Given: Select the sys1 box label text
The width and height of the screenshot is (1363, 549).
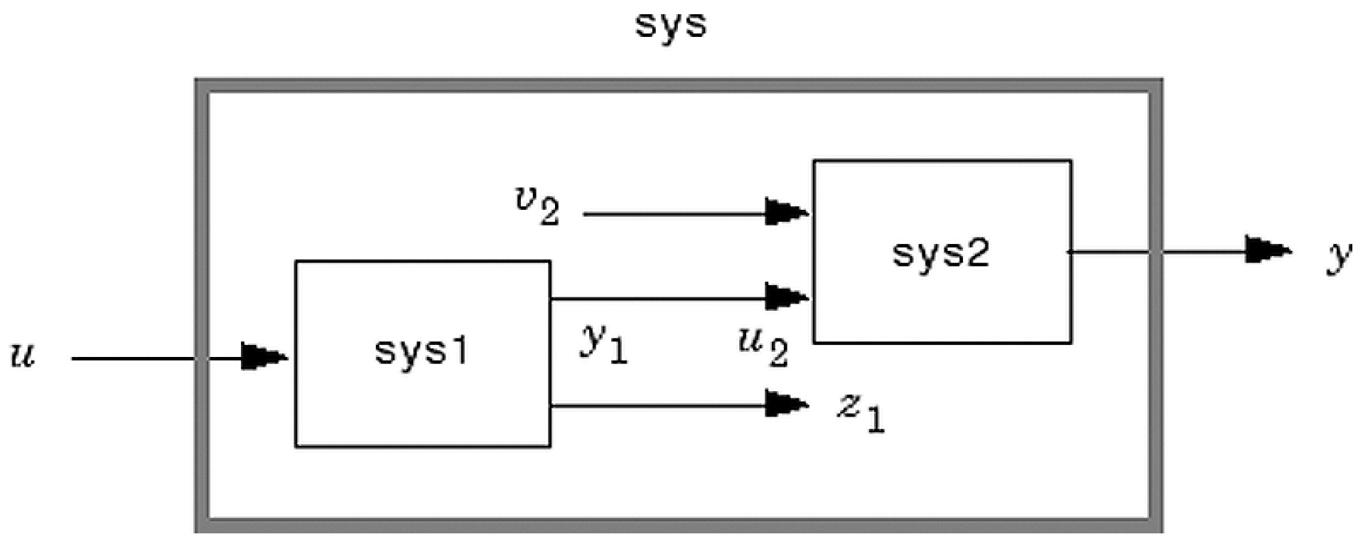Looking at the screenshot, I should pos(421,351).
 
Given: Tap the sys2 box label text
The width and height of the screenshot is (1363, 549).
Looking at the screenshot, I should pos(940,253).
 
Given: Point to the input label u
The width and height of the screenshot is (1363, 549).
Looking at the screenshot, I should pos(23,355).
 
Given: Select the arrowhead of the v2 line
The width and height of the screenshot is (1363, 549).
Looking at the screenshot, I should pos(786,212).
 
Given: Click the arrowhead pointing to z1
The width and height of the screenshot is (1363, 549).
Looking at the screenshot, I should pos(786,405).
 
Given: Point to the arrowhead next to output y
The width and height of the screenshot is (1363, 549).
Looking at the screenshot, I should pos(1267,250).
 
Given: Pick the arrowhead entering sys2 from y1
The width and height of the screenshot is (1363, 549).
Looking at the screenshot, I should pos(786,297).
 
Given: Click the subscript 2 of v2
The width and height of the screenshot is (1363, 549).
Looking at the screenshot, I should pos(549,213).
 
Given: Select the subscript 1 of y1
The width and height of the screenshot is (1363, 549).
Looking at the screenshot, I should pos(619,351).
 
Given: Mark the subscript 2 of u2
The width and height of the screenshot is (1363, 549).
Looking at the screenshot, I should pos(778,354).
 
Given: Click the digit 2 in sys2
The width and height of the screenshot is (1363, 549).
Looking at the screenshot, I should pos(977,253).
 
